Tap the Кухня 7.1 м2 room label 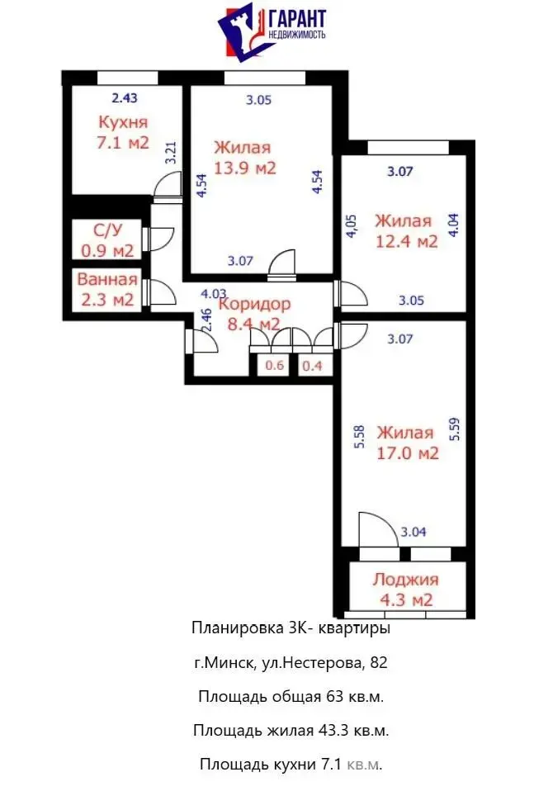click(x=123, y=132)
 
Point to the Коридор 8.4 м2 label click(x=249, y=313)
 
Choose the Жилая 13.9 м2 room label click(x=243, y=158)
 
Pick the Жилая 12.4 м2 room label click(x=404, y=231)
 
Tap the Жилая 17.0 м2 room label click(x=405, y=443)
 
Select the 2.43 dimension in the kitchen click(x=125, y=97)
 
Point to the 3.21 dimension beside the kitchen click(x=171, y=155)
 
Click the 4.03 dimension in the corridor click(x=214, y=293)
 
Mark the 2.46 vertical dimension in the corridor click(x=207, y=318)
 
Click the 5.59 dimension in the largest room click(x=456, y=430)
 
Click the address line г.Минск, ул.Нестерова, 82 click(x=290, y=662)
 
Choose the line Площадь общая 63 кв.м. click(x=291, y=696)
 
